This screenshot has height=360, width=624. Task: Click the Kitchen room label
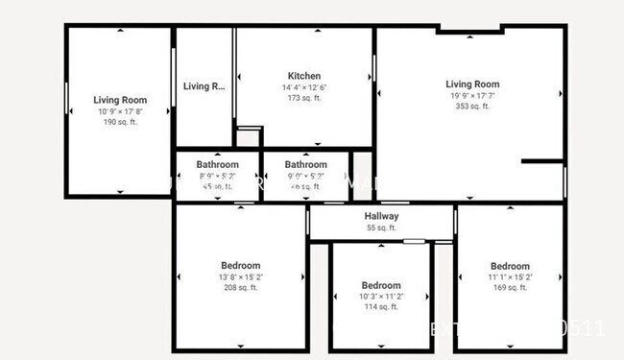[304, 76]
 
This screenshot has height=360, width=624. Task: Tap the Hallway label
[381, 216]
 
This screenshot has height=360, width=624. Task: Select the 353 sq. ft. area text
[472, 107]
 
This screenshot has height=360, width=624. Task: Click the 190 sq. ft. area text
[120, 122]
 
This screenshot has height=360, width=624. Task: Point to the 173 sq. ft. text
[304, 98]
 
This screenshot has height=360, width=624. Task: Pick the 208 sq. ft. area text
[240, 288]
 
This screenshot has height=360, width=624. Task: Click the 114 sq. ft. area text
[381, 307]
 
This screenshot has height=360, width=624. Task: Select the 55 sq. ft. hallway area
[381, 228]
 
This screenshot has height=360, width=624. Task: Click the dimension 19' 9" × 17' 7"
[472, 95]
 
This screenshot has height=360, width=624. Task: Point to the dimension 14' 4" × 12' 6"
[304, 87]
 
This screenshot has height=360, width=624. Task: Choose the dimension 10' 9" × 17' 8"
[120, 111]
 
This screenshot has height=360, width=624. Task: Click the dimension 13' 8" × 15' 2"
[240, 276]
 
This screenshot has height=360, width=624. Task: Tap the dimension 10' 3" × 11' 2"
[381, 297]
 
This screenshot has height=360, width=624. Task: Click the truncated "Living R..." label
[204, 86]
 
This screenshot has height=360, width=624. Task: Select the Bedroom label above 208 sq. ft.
[240, 265]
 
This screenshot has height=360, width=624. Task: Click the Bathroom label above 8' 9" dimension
[217, 164]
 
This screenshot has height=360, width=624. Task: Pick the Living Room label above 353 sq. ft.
[472, 84]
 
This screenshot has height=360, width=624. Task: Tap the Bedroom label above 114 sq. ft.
[381, 285]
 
